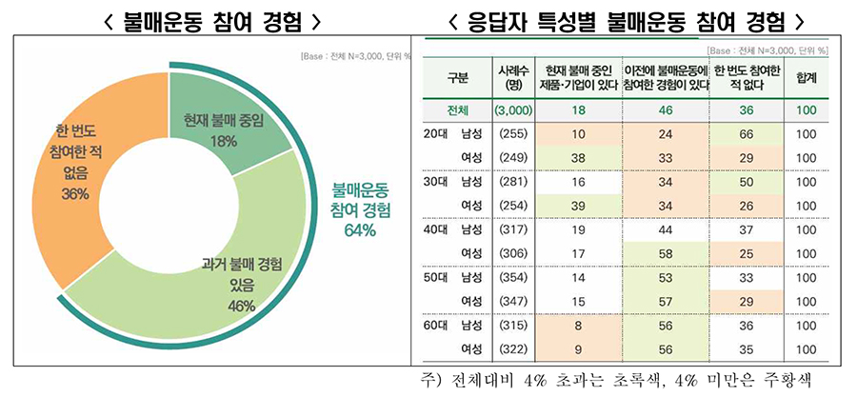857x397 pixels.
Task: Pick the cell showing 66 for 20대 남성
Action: pos(747,134)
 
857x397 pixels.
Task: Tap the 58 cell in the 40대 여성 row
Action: pos(667,251)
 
